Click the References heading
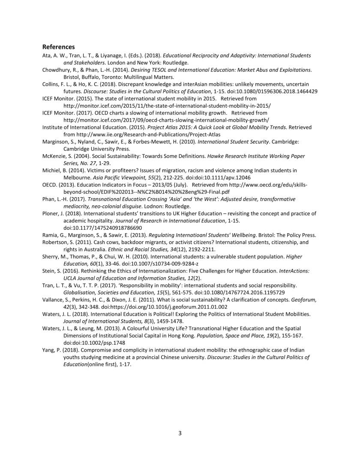(58, 47)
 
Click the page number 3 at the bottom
(180, 433)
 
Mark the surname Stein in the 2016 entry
(49, 271)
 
